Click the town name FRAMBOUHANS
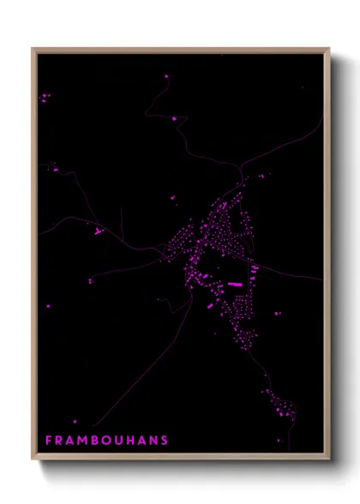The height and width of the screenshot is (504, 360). [106, 441]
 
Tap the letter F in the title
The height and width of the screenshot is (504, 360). [49, 441]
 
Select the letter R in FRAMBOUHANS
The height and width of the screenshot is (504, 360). [60, 441]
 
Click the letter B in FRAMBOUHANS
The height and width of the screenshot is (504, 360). [97, 441]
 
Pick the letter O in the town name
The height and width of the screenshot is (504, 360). [109, 441]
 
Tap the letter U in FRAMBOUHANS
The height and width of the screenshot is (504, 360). [121, 441]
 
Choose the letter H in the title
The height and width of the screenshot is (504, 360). [132, 441]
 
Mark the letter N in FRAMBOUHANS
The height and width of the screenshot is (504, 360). [154, 441]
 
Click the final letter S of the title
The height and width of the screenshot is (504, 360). [165, 441]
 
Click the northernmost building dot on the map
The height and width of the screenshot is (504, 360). [166, 75]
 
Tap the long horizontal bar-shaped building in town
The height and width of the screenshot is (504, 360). [234, 283]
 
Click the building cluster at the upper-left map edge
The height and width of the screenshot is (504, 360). [44, 99]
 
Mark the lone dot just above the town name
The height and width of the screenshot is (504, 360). [75, 421]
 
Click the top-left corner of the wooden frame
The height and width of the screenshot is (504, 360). [33, 49]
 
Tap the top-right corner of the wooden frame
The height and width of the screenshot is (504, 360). [329, 49]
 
